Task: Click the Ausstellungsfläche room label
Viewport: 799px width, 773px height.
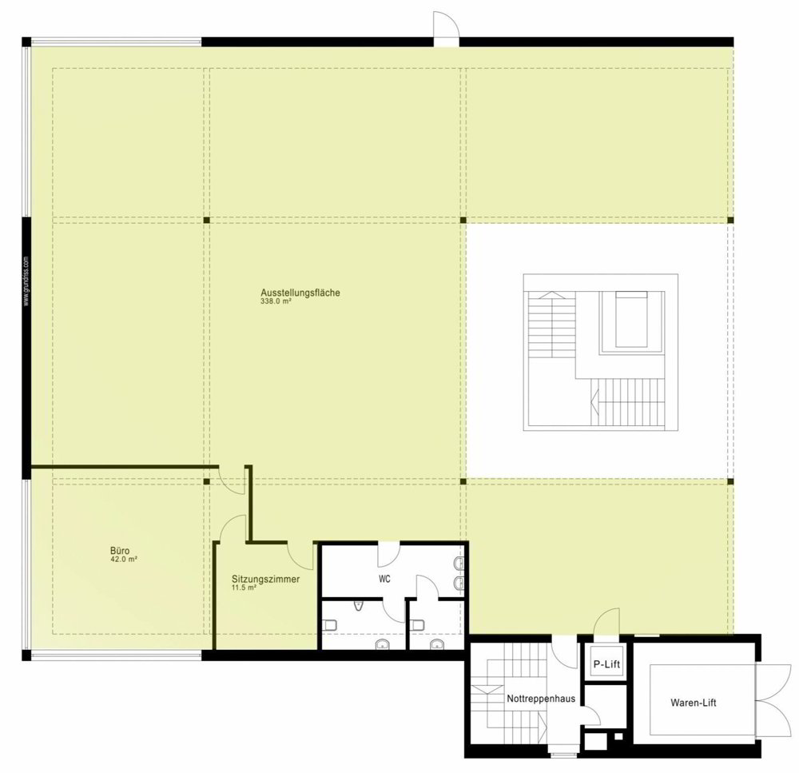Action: coord(300,293)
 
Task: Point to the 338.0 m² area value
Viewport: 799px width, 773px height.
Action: coord(276,301)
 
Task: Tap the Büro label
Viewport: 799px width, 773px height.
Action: coord(120,551)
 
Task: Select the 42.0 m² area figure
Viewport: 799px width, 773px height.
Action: coord(124,559)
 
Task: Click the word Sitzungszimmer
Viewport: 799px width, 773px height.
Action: coord(265,580)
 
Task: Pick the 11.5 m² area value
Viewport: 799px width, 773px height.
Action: coord(244,588)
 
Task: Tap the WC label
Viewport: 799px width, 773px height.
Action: coord(385,579)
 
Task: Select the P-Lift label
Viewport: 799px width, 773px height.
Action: coord(606,664)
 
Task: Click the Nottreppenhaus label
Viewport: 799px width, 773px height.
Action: coord(541,699)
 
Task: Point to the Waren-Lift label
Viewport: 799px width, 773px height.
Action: coord(693,703)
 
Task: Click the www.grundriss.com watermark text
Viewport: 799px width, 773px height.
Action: coord(26,281)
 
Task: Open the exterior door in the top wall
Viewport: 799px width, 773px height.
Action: coord(447,29)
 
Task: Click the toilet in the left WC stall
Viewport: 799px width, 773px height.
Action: coord(329,624)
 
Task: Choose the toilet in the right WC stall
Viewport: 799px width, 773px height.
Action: coord(417,624)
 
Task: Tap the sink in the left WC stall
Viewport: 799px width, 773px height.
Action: coord(382,644)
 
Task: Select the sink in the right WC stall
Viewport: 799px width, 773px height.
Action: coord(437,644)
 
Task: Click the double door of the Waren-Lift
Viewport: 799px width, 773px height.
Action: coord(774,702)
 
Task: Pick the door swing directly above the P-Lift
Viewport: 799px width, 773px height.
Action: coord(607,622)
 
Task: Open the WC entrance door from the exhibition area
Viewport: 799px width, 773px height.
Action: coord(388,555)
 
